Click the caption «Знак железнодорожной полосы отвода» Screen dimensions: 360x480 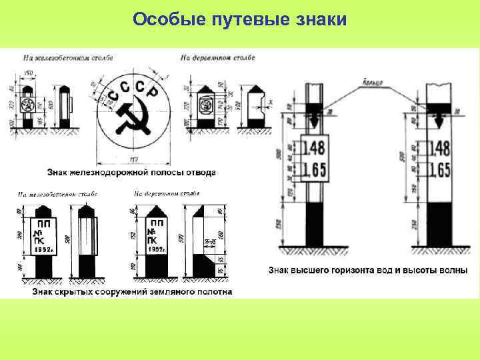tap(131, 172)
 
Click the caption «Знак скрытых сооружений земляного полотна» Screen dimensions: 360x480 tap(131, 292)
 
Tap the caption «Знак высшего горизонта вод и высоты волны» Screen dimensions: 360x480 tap(367, 271)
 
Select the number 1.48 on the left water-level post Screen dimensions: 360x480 tap(313, 148)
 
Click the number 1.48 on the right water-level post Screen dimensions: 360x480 tap(437, 148)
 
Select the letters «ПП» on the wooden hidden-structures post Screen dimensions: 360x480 tap(157, 223)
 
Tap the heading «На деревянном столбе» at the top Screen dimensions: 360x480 tap(217, 58)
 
